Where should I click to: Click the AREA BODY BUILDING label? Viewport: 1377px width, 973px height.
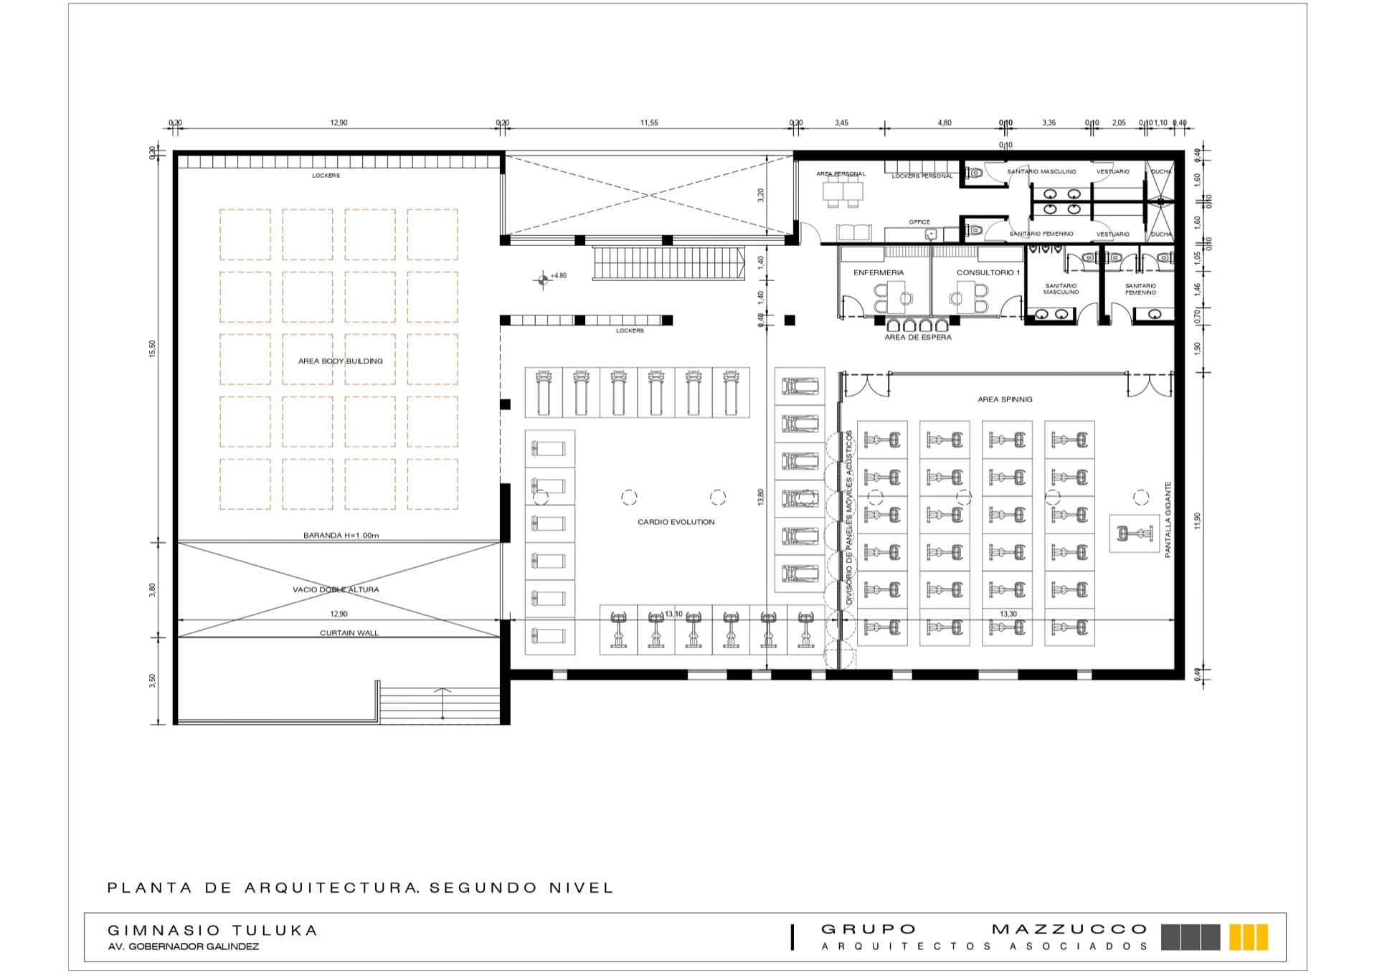click(x=340, y=361)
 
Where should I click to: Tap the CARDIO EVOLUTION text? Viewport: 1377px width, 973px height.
click(x=676, y=522)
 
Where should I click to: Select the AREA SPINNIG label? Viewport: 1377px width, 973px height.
click(x=1005, y=399)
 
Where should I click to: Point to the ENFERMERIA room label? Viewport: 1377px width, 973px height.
click(x=878, y=272)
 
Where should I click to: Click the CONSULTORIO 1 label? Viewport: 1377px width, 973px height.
click(x=988, y=272)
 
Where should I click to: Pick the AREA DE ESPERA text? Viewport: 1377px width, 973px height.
click(x=917, y=337)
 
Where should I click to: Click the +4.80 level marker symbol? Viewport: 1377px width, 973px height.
click(x=543, y=280)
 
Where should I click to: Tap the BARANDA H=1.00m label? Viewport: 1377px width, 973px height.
click(x=341, y=535)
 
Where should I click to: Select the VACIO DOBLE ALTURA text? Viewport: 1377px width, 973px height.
click(x=336, y=589)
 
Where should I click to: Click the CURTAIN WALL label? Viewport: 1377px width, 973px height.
click(x=349, y=632)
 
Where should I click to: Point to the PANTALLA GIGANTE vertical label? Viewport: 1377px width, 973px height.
click(x=1168, y=519)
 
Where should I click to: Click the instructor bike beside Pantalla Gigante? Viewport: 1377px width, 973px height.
click(x=1134, y=533)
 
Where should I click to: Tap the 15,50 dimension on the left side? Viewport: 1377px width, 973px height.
click(x=152, y=348)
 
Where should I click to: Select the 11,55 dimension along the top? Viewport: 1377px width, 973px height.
click(x=648, y=123)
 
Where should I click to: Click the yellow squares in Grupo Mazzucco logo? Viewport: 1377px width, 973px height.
click(x=1248, y=937)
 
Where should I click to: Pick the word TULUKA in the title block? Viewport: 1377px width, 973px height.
click(x=275, y=931)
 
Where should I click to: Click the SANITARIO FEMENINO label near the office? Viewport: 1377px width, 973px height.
click(x=1041, y=234)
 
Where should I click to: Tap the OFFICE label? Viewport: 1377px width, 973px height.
click(x=919, y=222)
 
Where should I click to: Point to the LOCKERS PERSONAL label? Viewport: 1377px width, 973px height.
click(x=922, y=176)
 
